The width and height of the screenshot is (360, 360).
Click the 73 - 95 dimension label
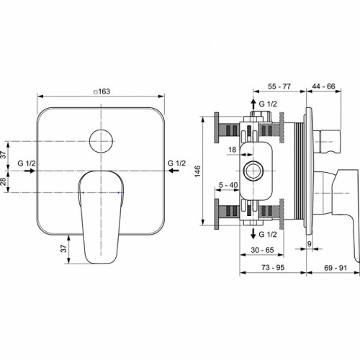(x=273, y=268)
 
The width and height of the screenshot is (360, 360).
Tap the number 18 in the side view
(x=232, y=149)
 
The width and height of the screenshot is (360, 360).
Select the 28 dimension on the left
(x=5, y=182)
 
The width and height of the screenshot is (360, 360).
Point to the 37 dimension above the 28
(x=5, y=154)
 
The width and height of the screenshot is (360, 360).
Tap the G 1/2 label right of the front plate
(x=176, y=164)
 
